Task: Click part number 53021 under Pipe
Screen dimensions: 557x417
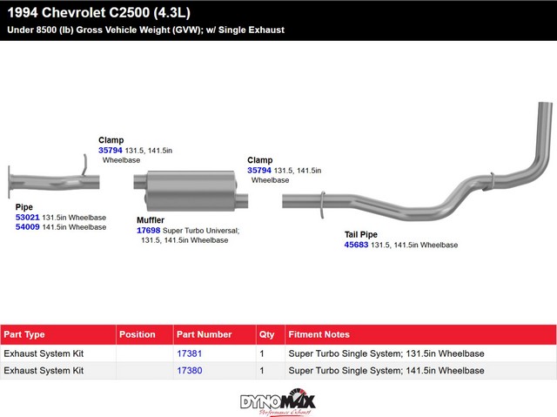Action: tap(27, 217)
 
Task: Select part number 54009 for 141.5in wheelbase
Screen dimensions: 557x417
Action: tap(27, 226)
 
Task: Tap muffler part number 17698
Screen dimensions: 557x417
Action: tap(149, 230)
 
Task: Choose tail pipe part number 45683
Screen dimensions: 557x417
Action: tap(356, 245)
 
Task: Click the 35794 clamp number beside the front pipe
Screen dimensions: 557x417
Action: tap(111, 151)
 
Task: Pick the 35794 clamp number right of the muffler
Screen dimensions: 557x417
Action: tap(259, 171)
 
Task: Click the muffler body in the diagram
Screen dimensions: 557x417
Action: tap(191, 191)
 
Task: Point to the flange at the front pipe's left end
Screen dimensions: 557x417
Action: tap(10, 182)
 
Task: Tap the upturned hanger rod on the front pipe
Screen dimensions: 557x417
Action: tap(84, 165)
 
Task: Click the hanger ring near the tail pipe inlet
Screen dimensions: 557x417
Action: tap(322, 205)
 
